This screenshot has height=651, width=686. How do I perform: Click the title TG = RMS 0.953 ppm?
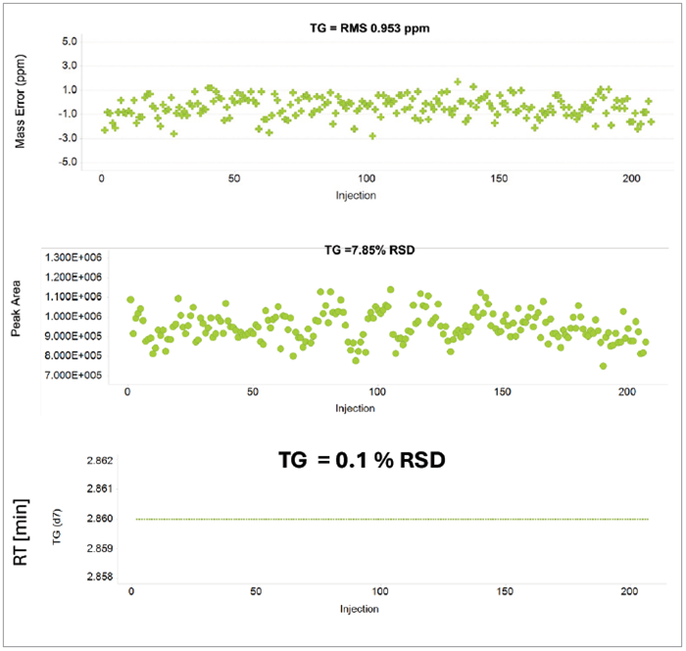tap(363, 27)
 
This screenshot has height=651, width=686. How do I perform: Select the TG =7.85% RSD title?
tap(369, 250)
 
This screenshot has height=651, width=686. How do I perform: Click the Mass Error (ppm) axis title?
tap(21, 103)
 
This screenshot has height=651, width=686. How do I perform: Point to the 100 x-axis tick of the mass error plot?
tap(367, 178)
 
